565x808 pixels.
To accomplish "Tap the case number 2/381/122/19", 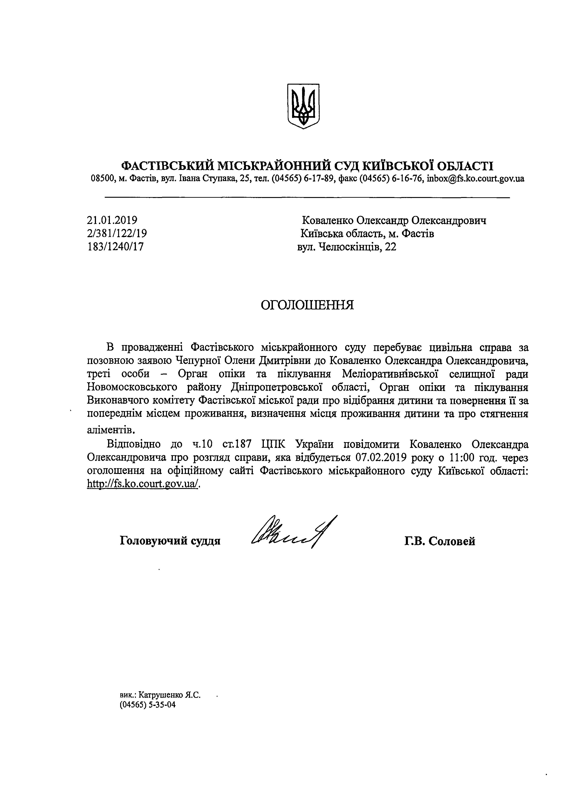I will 117,233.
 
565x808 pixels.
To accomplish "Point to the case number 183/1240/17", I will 115,246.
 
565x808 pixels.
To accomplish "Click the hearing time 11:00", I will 457,458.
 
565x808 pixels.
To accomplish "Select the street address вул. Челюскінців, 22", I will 347,247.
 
